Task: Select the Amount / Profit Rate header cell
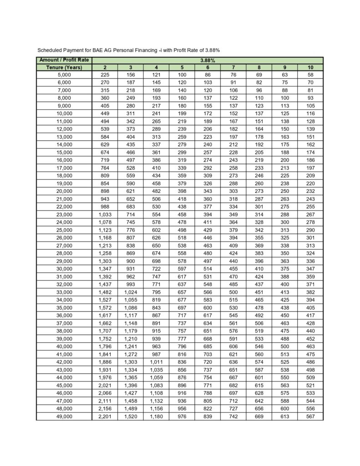pyautogui.click(x=64, y=60)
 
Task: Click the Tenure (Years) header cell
pyautogui.click(x=64, y=67)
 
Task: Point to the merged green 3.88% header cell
pyautogui.click(x=208, y=60)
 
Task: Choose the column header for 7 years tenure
pyautogui.click(x=233, y=67)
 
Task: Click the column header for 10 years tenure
pyautogui.click(x=310, y=67)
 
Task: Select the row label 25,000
pyautogui.click(x=64, y=230)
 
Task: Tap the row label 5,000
pyautogui.click(x=64, y=75)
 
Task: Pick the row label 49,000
pyautogui.click(x=64, y=416)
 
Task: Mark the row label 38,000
pyautogui.click(x=64, y=331)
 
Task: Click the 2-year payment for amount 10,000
pyautogui.click(x=105, y=113)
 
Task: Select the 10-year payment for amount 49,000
pyautogui.click(x=310, y=416)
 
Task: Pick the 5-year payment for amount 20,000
pyautogui.click(x=182, y=191)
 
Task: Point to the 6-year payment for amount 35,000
pyautogui.click(x=208, y=308)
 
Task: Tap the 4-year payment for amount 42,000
pyautogui.click(x=156, y=362)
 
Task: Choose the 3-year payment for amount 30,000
pyautogui.click(x=131, y=268)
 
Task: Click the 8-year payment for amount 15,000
pyautogui.click(x=259, y=152)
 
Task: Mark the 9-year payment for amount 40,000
pyautogui.click(x=284, y=346)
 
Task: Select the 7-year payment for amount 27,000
pyautogui.click(x=233, y=245)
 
